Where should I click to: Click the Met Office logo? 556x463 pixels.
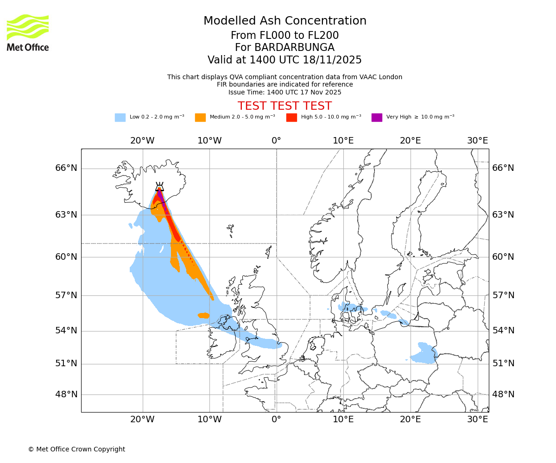click(x=28, y=32)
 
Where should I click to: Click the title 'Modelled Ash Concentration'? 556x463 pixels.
click(x=284, y=21)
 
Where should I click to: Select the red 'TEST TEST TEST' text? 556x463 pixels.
click(x=284, y=106)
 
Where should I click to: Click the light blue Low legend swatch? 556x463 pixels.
click(x=120, y=118)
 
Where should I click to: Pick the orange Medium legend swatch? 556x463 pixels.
click(x=200, y=118)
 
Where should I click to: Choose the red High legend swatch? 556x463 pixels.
click(x=291, y=118)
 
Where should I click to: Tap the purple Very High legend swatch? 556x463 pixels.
click(x=377, y=118)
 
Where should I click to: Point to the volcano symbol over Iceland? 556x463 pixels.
click(x=159, y=187)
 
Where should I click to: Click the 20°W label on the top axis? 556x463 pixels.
click(x=142, y=140)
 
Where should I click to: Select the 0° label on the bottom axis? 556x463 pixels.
click(x=276, y=419)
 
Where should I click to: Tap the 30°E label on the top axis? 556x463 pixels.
click(x=477, y=140)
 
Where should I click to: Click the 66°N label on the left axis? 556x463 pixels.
click(x=66, y=168)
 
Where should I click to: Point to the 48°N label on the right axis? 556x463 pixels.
click(x=503, y=394)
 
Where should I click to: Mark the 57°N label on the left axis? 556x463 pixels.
click(x=66, y=295)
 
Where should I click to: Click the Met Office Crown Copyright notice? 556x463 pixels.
click(x=76, y=449)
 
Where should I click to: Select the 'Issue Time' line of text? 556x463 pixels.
click(x=284, y=92)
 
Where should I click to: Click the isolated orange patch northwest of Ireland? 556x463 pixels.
click(x=203, y=315)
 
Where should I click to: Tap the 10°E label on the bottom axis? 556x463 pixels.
click(x=343, y=419)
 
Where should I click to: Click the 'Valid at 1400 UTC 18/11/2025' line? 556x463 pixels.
click(x=284, y=60)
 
